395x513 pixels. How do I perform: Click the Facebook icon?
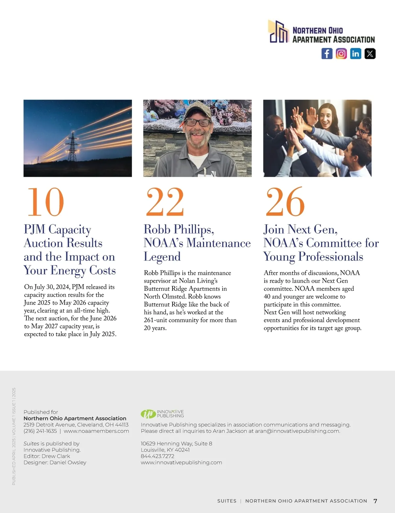click(x=327, y=54)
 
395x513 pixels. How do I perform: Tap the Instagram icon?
click(x=341, y=54)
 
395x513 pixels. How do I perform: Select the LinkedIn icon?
click(x=355, y=54)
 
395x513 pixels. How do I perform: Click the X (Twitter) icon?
click(x=370, y=54)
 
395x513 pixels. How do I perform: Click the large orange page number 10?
click(x=45, y=202)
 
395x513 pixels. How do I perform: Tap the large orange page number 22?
click(x=165, y=202)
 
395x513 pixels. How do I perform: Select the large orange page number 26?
click(x=285, y=202)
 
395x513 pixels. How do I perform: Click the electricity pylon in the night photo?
click(x=72, y=147)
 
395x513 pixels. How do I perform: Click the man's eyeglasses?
click(x=197, y=122)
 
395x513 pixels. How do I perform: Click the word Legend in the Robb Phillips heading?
click(x=162, y=256)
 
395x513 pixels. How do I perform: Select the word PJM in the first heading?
click(x=35, y=229)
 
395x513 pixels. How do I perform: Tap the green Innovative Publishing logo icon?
click(x=148, y=414)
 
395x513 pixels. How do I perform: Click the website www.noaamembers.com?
click(x=96, y=431)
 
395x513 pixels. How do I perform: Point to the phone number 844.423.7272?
click(x=157, y=456)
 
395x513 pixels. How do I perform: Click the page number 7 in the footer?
click(x=375, y=501)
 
